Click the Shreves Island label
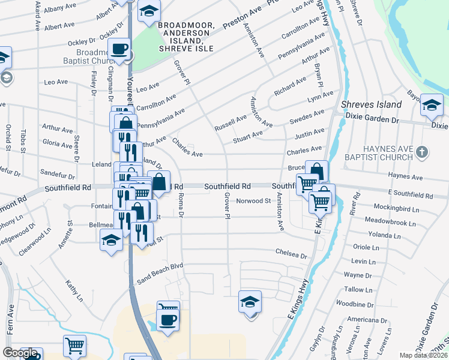click(371, 105)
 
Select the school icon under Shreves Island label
click(432, 106)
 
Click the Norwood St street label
click(253, 201)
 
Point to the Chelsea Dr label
click(291, 254)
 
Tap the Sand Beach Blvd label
click(160, 265)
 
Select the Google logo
click(20, 353)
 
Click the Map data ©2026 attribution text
click(423, 355)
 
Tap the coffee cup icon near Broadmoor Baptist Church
click(119, 49)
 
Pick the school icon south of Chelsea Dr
click(250, 302)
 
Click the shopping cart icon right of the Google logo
click(74, 346)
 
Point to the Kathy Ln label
click(73, 290)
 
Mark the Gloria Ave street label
click(58, 144)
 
